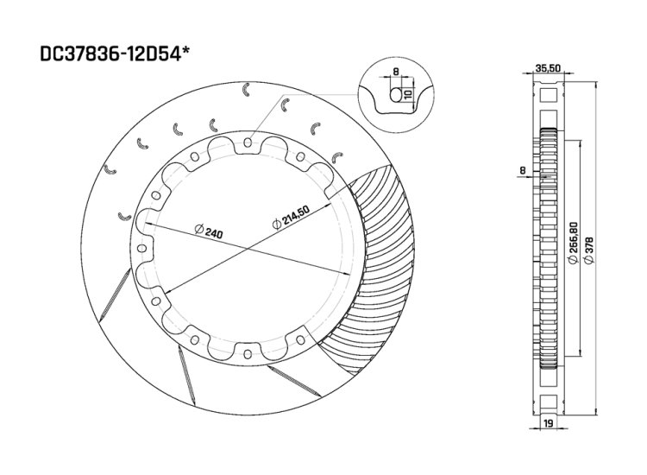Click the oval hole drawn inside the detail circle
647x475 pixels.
click(396, 94)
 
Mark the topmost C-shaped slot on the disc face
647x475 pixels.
click(248, 89)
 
